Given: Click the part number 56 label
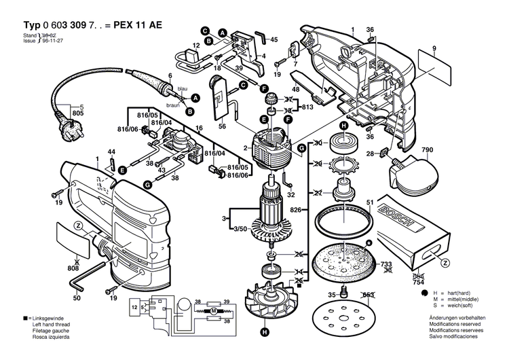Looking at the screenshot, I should [222, 127].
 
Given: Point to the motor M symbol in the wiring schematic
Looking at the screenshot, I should [213, 311].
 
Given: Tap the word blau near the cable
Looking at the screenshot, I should [182, 89].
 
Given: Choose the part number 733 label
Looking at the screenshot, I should [385, 264].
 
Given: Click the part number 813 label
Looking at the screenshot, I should [308, 107].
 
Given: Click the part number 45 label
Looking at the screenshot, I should [274, 41].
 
